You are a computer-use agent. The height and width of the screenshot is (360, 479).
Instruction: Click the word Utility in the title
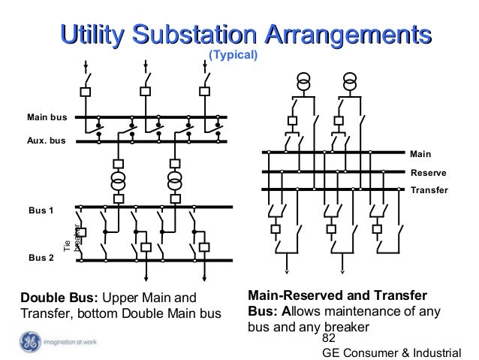tap(92, 34)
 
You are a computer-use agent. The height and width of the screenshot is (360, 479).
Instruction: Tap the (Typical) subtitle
tap(233, 56)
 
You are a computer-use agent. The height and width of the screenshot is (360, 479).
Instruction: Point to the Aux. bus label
tap(47, 141)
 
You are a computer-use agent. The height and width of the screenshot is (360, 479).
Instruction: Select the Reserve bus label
tap(429, 172)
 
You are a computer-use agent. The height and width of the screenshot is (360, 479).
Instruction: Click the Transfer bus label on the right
tap(429, 190)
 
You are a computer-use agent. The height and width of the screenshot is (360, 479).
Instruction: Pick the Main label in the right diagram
tap(421, 153)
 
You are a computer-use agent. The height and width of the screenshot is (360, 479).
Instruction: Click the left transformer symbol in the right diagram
tap(304, 80)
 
